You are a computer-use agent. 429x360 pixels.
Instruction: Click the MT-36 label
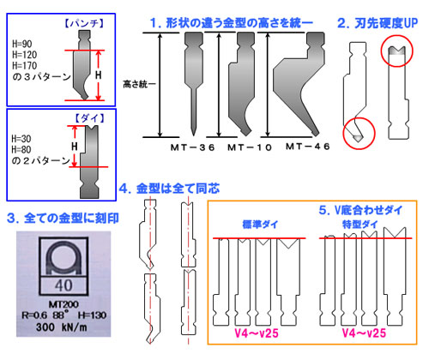[192, 147]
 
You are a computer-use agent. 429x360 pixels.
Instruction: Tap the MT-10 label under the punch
[250, 147]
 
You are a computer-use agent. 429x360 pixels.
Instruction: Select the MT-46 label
[308, 147]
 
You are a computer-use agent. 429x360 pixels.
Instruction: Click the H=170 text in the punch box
[25, 66]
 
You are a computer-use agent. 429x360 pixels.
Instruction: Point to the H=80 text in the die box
[21, 149]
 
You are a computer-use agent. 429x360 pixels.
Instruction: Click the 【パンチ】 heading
[83, 23]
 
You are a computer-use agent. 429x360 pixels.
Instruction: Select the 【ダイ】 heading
[89, 118]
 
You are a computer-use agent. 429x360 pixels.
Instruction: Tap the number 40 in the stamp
[63, 285]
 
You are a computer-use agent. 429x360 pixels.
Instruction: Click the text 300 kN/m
[62, 327]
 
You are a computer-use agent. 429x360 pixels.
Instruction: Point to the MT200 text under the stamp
[63, 304]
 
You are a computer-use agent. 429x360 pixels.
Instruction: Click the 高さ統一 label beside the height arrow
[139, 84]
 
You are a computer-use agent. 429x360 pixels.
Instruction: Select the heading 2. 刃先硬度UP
[378, 23]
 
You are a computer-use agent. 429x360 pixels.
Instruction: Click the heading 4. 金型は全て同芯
[169, 189]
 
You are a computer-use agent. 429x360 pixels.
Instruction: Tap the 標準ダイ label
[260, 225]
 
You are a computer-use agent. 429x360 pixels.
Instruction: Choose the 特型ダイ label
[360, 225]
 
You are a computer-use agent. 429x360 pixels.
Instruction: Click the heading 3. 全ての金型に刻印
[63, 219]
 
